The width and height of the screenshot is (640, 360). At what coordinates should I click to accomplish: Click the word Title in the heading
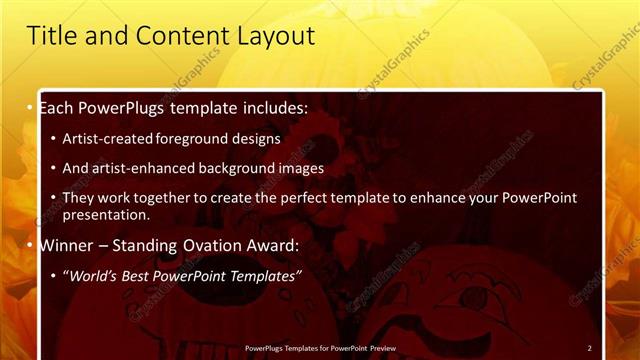tap(49, 37)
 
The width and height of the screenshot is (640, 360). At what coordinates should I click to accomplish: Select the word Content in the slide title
tap(179, 37)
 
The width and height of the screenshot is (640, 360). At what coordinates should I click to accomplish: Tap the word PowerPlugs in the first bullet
tap(121, 107)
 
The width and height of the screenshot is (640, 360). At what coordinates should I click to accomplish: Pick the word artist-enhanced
tap(141, 168)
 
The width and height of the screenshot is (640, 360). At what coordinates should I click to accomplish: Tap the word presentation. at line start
tap(106, 214)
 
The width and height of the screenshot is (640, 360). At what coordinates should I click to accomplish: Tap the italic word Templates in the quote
tap(264, 275)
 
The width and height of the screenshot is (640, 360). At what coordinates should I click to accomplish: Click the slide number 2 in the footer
tap(589, 348)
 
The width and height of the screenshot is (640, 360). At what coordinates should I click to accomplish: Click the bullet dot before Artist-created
tap(53, 139)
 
